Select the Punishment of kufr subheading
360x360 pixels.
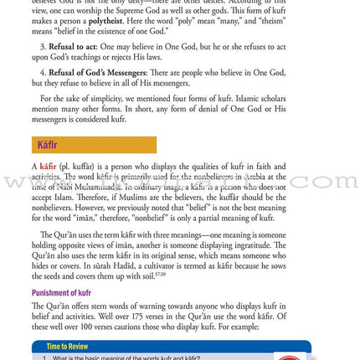(x=61, y=293)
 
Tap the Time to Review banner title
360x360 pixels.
(x=67, y=347)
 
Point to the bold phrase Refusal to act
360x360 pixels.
(x=73, y=47)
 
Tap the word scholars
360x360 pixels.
(x=266, y=98)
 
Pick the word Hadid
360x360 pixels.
(x=106, y=266)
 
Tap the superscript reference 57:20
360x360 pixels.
(x=160, y=274)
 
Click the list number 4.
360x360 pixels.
(x=44, y=73)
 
